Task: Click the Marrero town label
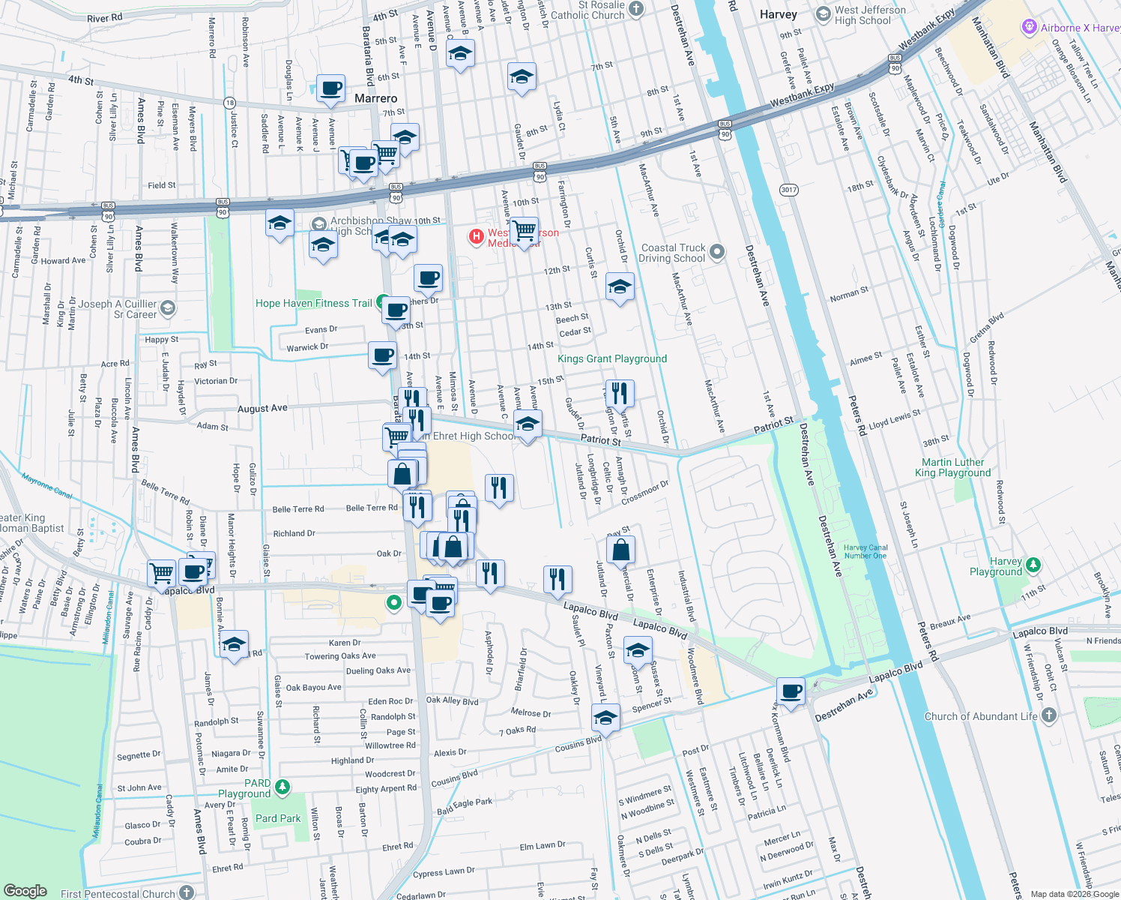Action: pos(375,99)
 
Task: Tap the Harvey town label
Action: pos(778,14)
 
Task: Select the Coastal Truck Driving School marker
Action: pos(717,252)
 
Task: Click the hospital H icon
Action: pos(476,237)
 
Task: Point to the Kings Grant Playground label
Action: pos(611,358)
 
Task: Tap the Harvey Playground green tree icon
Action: pos(1033,564)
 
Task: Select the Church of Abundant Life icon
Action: pos(1048,715)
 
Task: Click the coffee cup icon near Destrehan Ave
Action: pos(791,691)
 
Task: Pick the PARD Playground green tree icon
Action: pos(282,787)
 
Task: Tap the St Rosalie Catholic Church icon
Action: pos(636,9)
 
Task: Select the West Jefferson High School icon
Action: pos(823,14)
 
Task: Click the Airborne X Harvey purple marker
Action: pos(1030,28)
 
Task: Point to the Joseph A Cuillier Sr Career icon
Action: pos(168,307)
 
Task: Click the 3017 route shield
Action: pos(788,190)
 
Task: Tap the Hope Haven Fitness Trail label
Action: pos(313,303)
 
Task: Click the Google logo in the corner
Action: pos(25,890)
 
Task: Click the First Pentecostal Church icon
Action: pos(187,892)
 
